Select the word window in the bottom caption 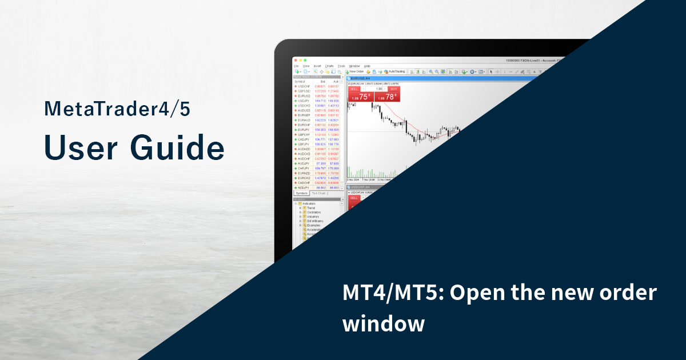384,324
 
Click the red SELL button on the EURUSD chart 354,89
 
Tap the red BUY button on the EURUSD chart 393,89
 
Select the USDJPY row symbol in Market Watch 303,101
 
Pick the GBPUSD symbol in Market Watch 303,91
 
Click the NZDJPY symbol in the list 303,187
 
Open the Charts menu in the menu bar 329,66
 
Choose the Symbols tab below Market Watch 301,193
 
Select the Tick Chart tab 318,193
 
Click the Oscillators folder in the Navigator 314,213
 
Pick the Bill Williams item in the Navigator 314,221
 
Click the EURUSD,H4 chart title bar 366,78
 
